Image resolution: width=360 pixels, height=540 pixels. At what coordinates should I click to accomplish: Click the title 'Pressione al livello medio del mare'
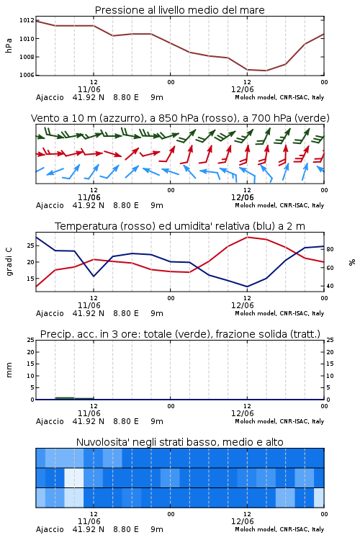[x=179, y=10]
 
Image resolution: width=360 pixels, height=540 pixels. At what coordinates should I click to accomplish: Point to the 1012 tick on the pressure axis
[x=27, y=21]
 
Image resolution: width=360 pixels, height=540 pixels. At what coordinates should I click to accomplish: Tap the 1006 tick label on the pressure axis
[x=27, y=75]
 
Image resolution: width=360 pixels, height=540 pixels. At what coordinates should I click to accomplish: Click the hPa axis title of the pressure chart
[x=9, y=45]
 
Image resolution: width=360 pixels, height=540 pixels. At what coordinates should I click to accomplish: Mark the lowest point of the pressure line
[x=266, y=71]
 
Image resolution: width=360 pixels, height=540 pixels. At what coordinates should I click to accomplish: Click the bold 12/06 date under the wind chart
[x=243, y=197]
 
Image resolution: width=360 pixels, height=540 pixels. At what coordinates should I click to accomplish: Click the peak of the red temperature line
[x=247, y=237]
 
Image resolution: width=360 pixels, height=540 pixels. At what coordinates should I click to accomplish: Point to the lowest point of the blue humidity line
[x=247, y=287]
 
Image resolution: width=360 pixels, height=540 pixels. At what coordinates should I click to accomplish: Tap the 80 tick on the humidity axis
[x=330, y=249]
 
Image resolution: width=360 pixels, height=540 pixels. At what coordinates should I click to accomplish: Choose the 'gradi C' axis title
[x=9, y=262]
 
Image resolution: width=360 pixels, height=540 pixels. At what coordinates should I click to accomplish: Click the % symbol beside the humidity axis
[x=352, y=262]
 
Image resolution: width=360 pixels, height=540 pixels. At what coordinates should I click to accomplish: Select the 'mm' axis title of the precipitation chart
[x=9, y=370]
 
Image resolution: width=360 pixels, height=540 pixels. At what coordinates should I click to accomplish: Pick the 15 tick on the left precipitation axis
[x=31, y=364]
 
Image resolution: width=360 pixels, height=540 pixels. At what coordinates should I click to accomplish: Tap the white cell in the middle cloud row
[x=74, y=477]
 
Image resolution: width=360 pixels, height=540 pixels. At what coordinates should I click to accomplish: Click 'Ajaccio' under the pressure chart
[x=50, y=97]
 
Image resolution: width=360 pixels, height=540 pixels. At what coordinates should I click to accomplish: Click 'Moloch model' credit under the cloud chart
[x=256, y=529]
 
